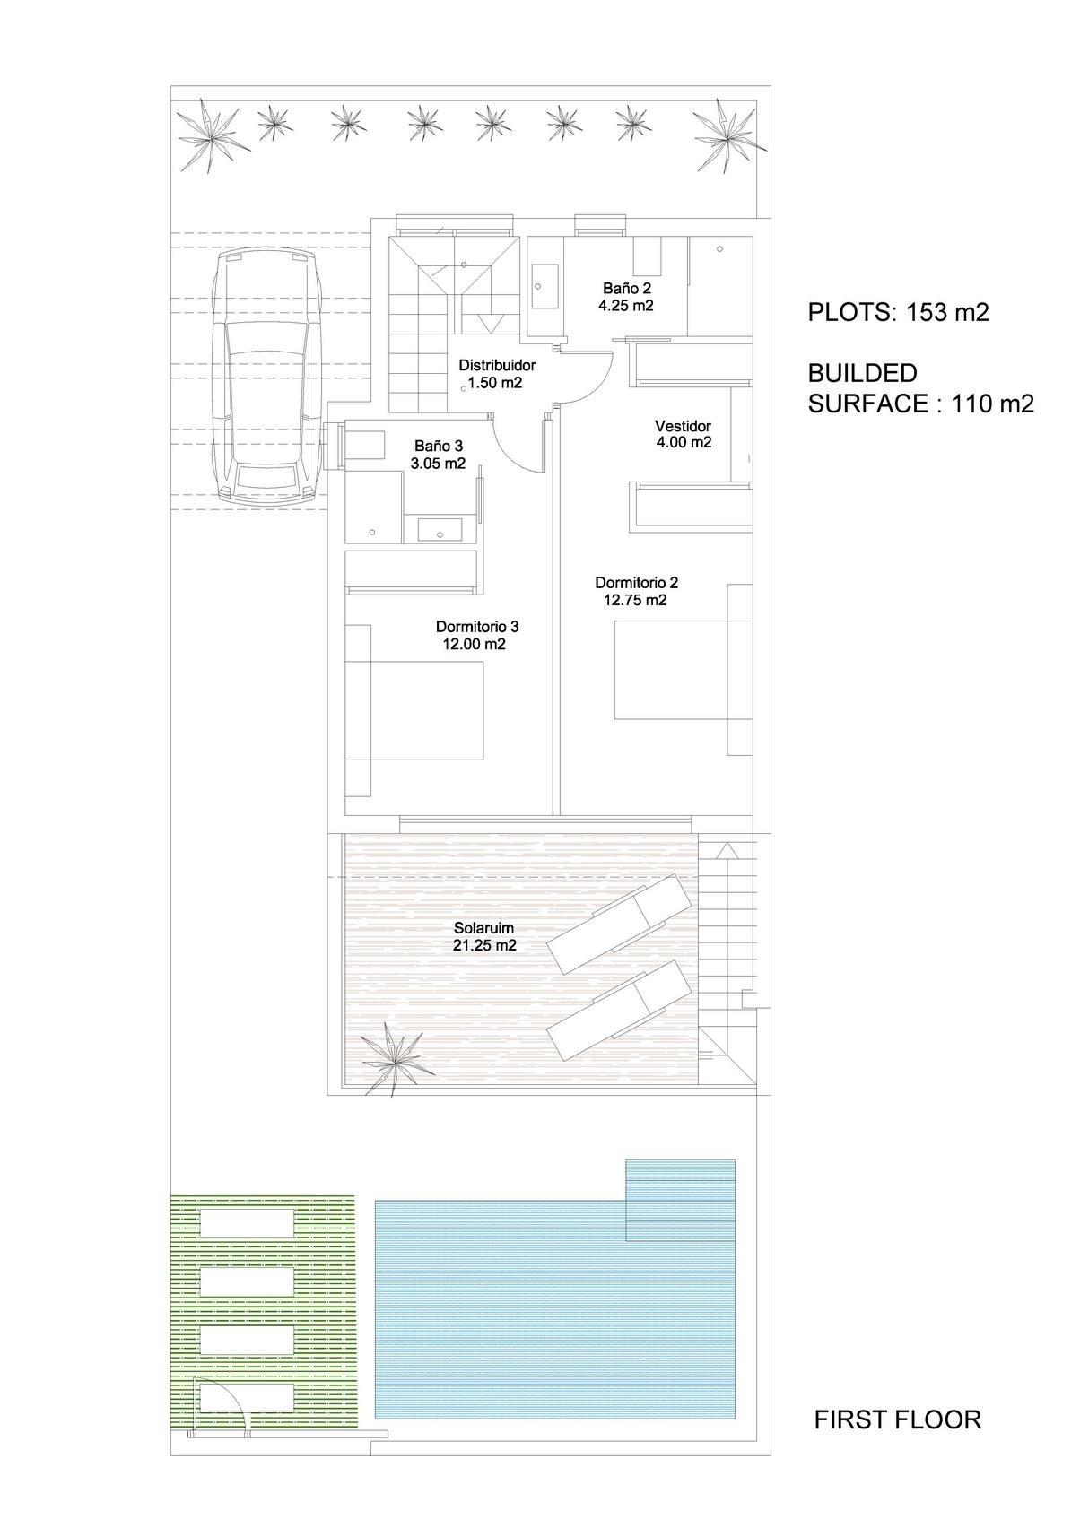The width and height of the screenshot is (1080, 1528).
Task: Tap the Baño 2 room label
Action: (x=626, y=289)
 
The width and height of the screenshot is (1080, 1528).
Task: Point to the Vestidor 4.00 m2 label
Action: (x=684, y=434)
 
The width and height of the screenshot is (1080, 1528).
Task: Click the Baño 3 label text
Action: (x=439, y=446)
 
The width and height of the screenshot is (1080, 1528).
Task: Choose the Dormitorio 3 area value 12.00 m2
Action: (x=475, y=644)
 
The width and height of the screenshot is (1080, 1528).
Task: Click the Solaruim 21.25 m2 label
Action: (x=484, y=936)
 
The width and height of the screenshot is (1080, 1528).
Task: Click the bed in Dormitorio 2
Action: (x=671, y=671)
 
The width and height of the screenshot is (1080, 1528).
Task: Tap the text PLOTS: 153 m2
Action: (x=898, y=313)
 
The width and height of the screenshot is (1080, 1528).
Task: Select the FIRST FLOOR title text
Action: (x=897, y=1419)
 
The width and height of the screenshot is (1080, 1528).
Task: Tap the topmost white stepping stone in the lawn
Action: (x=246, y=1221)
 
